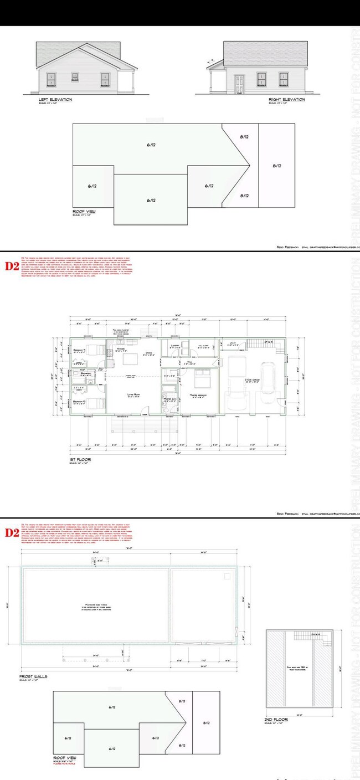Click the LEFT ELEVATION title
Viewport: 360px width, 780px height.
coord(55,100)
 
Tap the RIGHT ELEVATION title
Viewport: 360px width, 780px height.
coord(286,100)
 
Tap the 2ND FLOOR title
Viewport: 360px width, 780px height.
coord(275,720)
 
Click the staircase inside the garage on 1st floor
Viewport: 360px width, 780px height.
coord(256,344)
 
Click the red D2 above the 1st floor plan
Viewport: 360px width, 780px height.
coord(12,265)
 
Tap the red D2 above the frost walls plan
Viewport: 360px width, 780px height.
coord(12,533)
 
